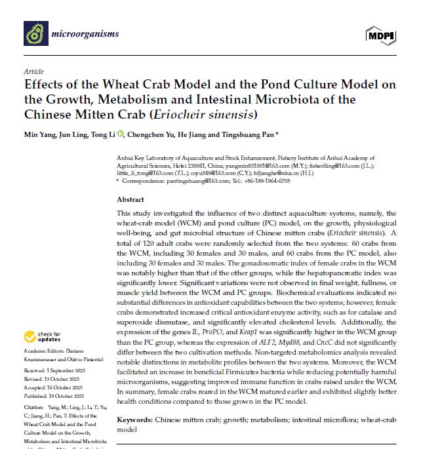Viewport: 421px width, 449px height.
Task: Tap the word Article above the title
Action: [33, 71]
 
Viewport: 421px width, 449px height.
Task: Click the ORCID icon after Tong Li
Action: [120, 135]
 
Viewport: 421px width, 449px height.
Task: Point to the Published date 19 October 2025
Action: [60, 397]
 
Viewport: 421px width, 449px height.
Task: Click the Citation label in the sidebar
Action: [35, 408]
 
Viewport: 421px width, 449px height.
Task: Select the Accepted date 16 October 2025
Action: [60, 388]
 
